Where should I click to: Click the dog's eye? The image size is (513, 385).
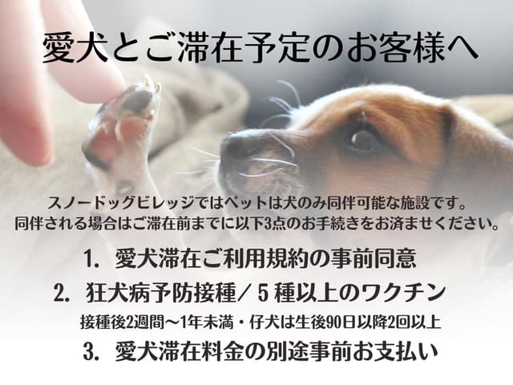(362, 137)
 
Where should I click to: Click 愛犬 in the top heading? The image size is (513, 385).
(75, 48)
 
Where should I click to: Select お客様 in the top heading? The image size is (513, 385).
(398, 48)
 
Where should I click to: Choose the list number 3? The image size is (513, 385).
(91, 352)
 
